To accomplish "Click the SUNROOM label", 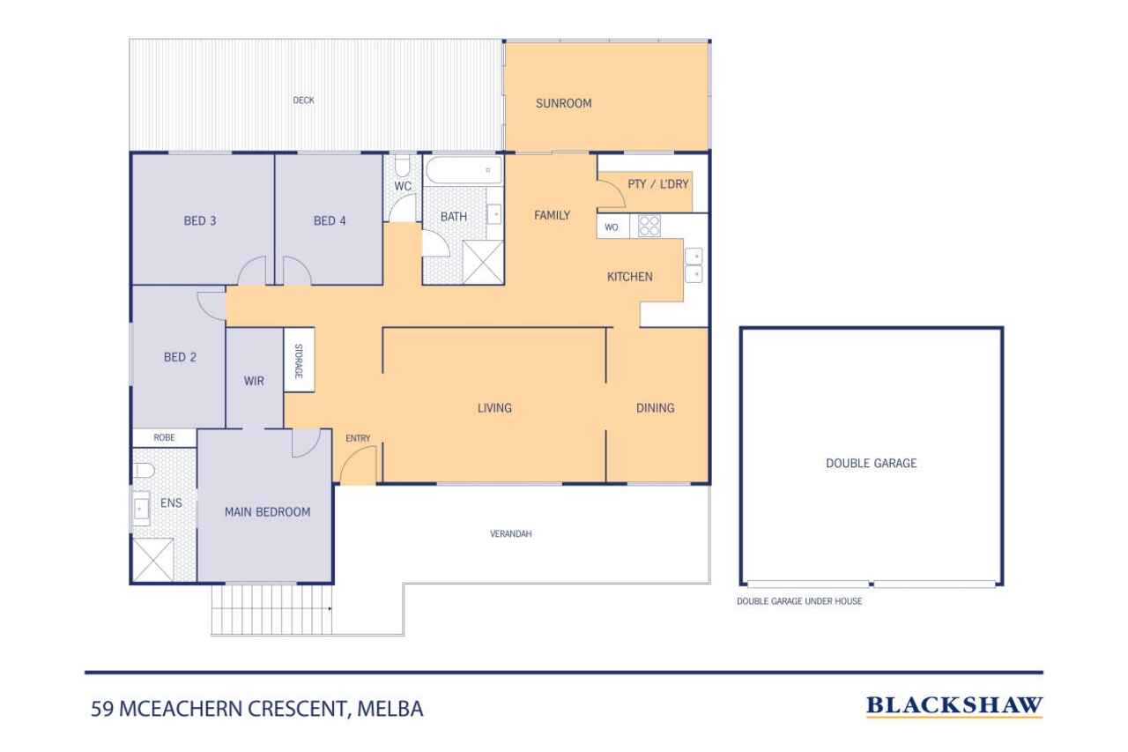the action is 563,103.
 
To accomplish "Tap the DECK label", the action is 304,101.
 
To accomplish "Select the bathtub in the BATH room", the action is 464,170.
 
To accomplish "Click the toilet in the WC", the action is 402,165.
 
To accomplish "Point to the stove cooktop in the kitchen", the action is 649,226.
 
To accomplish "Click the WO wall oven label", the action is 612,227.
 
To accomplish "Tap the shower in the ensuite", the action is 152,560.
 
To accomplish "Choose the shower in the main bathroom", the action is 483,262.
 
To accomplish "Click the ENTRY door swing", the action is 358,465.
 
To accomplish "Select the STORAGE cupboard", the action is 299,360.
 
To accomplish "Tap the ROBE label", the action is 164,437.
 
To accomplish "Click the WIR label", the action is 254,381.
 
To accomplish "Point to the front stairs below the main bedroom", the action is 271,609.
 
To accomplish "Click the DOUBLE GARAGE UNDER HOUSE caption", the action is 799,601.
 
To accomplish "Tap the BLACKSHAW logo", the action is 954,705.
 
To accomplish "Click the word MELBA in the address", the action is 390,709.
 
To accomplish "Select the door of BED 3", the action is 252,271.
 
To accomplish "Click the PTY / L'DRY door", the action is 612,193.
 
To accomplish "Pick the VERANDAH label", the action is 510,533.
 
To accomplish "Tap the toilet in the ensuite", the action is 144,471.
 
